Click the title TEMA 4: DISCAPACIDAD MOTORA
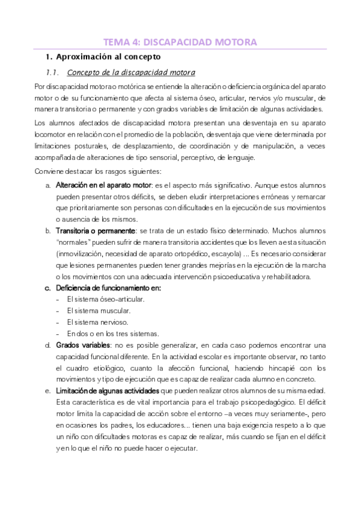tap(180, 42)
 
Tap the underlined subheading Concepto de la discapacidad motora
tap(130, 73)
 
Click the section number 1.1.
tap(52, 73)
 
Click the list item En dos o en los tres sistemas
tap(105, 333)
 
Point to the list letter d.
tap(47, 345)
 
